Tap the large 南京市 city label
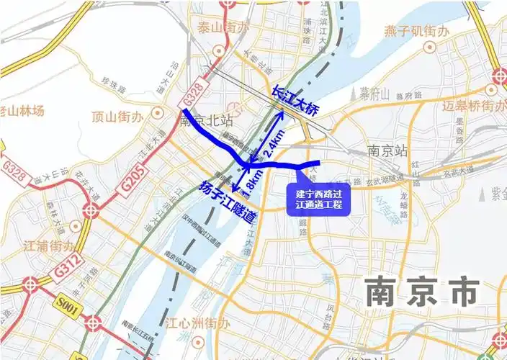(421, 292)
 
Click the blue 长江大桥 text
(294, 100)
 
